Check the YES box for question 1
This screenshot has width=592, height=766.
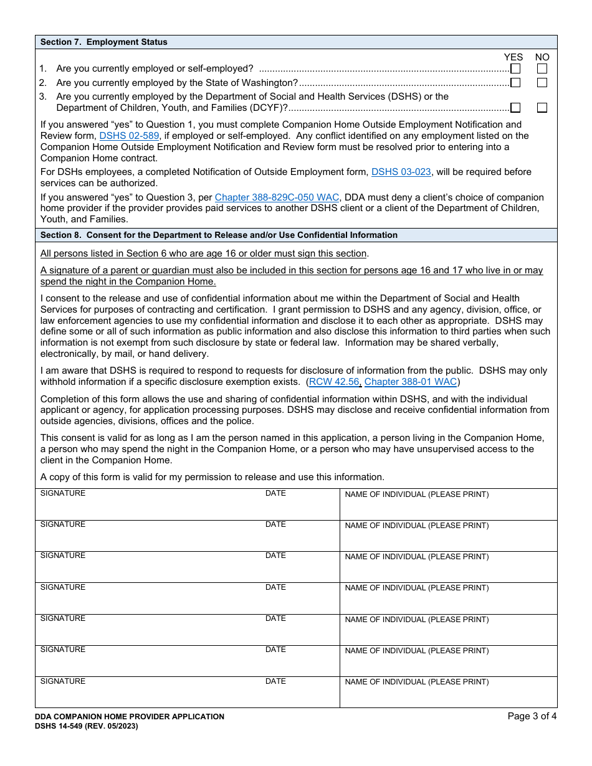coord(515,69)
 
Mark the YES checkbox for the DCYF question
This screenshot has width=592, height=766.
coord(515,108)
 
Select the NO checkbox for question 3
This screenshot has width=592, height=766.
coord(542,108)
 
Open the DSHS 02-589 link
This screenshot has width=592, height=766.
coord(129,136)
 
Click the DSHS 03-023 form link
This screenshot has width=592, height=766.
coord(401,172)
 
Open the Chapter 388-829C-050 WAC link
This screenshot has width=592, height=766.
coord(277,197)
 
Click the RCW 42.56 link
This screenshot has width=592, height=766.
coord(334,382)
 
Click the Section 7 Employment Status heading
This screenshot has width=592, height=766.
coord(104,42)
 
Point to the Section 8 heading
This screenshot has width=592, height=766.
coord(219,235)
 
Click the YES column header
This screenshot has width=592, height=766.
coord(513,57)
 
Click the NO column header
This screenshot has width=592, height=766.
coord(542,57)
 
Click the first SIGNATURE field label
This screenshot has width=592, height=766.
coord(63,493)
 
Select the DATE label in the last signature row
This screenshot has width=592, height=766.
coord(275,681)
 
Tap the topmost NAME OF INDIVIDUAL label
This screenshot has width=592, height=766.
coord(416,494)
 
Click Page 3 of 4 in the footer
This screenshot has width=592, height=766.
coord(532,716)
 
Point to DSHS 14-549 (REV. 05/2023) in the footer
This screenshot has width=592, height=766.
coord(87,726)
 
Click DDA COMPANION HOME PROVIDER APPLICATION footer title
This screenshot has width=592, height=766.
coord(130,717)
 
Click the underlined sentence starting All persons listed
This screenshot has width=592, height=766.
coord(204,253)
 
